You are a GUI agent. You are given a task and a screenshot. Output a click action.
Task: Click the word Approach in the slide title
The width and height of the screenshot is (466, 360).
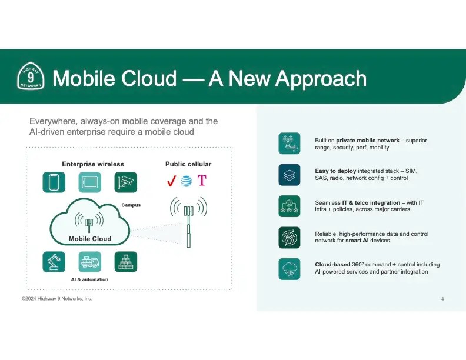point(321,78)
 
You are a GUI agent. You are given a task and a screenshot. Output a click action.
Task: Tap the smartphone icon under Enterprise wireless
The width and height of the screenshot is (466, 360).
point(54,182)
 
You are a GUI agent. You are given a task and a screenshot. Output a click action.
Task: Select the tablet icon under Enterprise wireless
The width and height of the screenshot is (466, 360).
point(90,182)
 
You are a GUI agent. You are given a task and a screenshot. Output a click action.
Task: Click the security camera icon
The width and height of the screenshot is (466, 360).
point(125,182)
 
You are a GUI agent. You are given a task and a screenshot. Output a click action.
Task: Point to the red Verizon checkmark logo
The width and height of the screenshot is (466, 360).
point(171,181)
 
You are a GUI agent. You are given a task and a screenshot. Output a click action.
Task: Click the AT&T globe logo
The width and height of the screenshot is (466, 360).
point(187,181)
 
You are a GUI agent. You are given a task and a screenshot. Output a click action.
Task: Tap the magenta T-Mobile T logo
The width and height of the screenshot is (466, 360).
point(202,181)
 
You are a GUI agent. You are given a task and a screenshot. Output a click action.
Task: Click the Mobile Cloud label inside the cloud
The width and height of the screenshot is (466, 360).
point(90,239)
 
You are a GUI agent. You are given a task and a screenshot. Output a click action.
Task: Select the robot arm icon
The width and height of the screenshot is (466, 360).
point(54,262)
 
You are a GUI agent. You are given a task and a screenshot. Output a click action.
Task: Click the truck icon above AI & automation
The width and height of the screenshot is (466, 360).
point(90,262)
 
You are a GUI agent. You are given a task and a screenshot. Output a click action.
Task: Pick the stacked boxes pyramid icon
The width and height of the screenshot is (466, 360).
point(125,262)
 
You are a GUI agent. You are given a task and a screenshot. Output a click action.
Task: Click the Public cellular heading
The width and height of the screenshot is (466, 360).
point(188,164)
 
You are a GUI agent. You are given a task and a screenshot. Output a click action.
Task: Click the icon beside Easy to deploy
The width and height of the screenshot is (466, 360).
point(289,175)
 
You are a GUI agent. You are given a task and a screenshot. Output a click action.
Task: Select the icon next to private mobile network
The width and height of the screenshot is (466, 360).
point(289,144)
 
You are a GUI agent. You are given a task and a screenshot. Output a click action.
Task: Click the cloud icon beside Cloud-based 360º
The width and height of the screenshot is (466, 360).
point(289,268)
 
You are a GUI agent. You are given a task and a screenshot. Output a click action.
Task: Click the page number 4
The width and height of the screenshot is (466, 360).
point(442,299)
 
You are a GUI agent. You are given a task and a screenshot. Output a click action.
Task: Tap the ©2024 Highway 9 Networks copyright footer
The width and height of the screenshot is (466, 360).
point(57,299)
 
